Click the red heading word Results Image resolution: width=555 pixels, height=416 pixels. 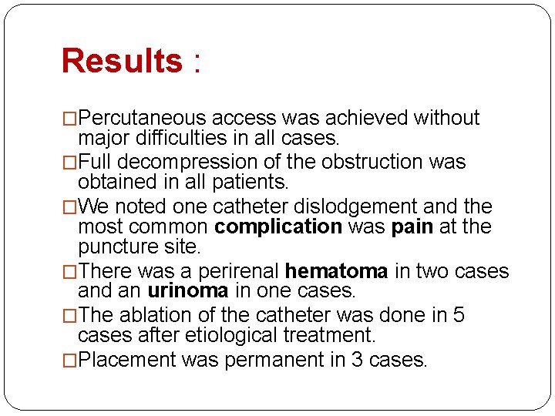pyautogui.click(x=121, y=61)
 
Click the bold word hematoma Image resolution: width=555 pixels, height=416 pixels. pyautogui.click(x=336, y=272)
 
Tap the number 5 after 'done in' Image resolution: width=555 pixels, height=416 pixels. pyautogui.click(x=459, y=316)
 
